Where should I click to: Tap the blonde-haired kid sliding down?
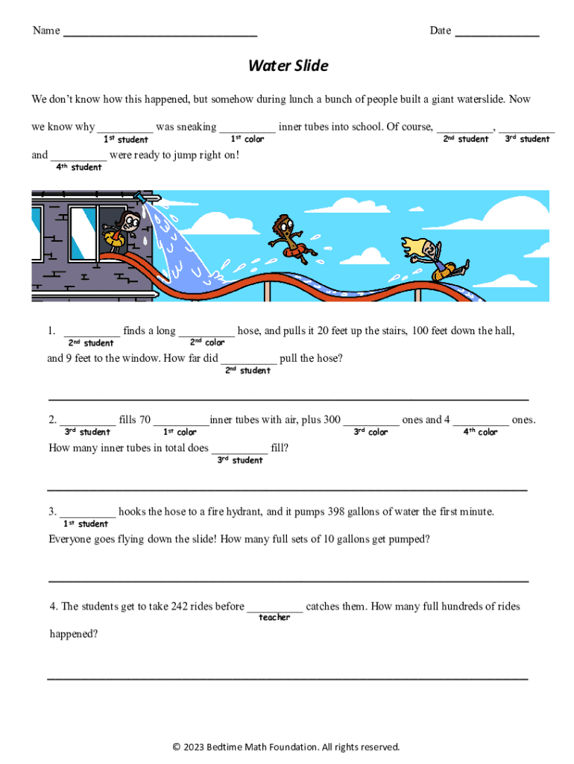pos(433,257)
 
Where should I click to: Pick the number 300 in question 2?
pos(332,420)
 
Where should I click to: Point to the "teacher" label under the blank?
pos(274,618)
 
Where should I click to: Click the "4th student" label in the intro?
pos(79,167)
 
